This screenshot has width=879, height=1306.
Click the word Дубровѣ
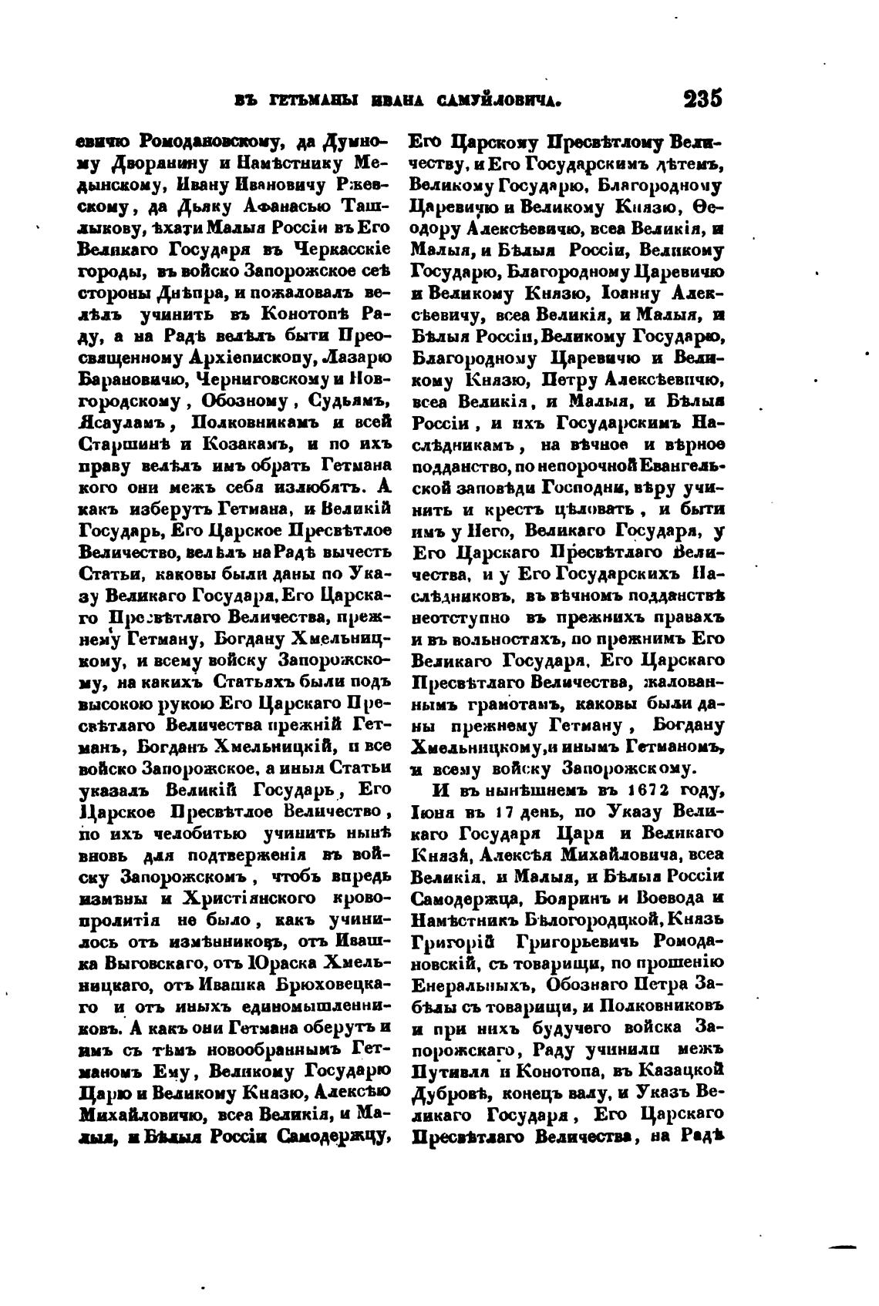(453, 1091)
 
